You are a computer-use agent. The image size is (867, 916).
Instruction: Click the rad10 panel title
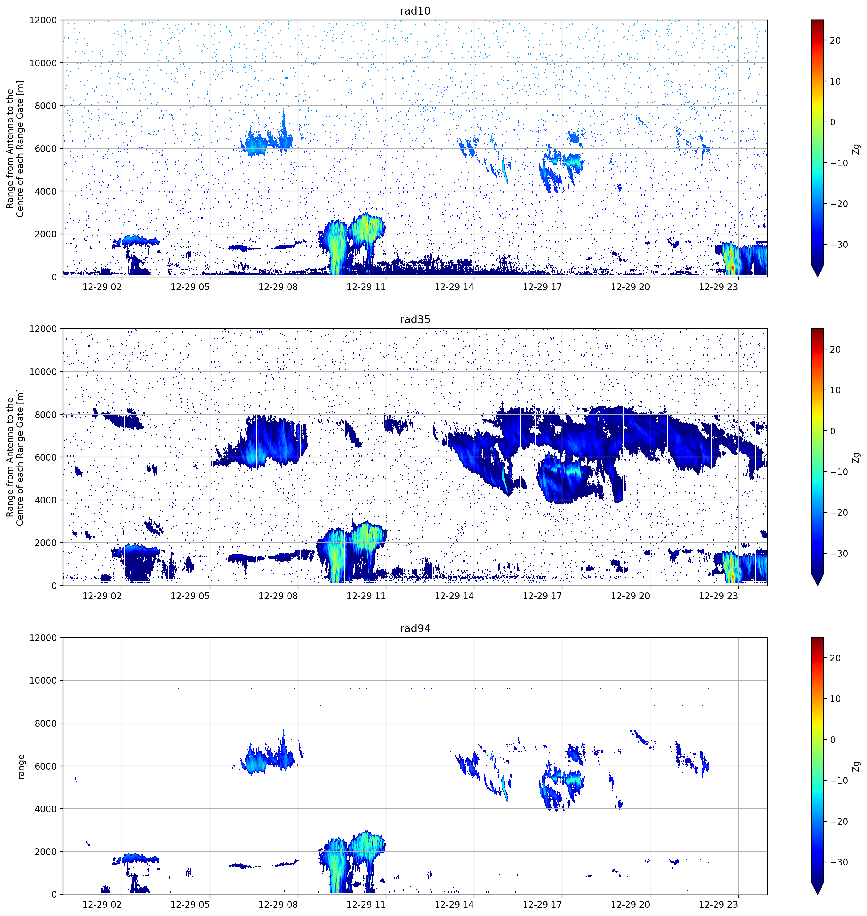click(x=415, y=11)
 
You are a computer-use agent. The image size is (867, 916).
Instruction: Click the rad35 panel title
click(x=415, y=319)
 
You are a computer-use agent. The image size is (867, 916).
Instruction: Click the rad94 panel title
click(x=415, y=628)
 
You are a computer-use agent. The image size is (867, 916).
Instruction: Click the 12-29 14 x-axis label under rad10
click(x=454, y=287)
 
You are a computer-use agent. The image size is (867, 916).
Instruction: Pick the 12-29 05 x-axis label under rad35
click(x=190, y=596)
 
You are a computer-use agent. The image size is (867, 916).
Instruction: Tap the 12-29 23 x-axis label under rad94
click(x=719, y=904)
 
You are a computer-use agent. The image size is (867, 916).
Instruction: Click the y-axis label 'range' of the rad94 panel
click(x=21, y=767)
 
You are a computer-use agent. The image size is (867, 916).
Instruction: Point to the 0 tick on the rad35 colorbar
click(x=833, y=431)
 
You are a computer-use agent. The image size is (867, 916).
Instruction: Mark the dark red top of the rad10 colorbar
click(x=817, y=22)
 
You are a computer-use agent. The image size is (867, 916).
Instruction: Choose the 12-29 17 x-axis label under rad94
click(x=542, y=904)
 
